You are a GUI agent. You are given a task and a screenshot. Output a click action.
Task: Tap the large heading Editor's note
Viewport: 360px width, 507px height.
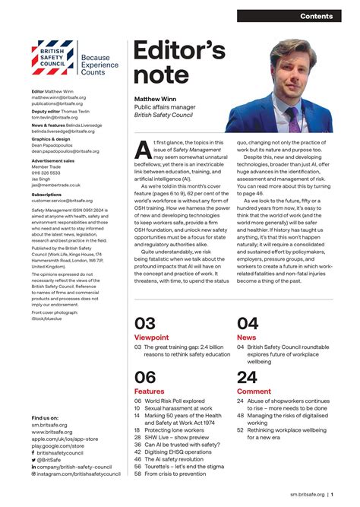tap(179, 63)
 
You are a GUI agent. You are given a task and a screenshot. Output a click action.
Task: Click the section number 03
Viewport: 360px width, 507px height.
tap(145, 323)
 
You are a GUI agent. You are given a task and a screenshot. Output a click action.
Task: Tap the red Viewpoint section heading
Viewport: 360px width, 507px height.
tap(152, 336)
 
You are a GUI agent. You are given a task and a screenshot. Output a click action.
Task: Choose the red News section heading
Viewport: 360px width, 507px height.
tap(246, 336)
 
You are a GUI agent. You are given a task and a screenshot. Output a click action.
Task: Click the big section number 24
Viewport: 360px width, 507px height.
tap(247, 377)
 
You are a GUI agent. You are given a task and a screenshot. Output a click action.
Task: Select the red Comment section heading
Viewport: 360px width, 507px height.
tap(254, 391)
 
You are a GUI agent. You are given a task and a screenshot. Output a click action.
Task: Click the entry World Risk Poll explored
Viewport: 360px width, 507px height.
tap(173, 401)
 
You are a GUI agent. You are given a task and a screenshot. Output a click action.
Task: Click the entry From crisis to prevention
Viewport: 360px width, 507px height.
tap(174, 474)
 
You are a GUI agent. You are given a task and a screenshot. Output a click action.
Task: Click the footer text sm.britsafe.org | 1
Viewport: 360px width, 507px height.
tap(311, 494)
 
